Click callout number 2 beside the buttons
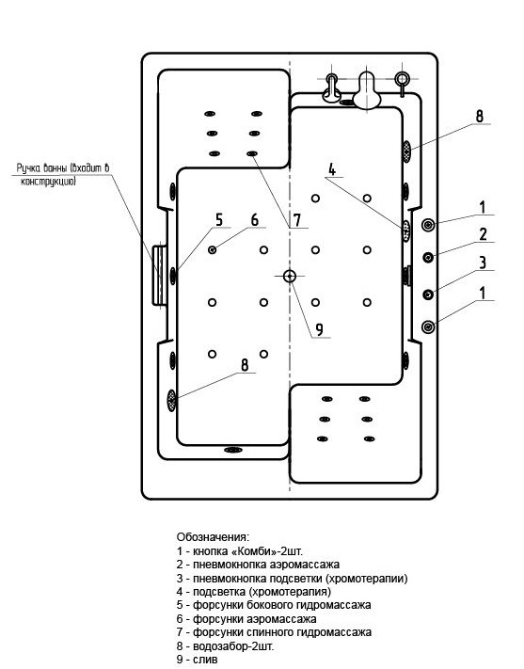pyautogui.click(x=483, y=234)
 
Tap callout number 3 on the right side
pyautogui.click(x=483, y=262)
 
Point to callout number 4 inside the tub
pyautogui.click(x=332, y=169)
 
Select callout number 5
pyautogui.click(x=219, y=220)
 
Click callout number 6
pyautogui.click(x=255, y=220)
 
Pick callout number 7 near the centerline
pyautogui.click(x=296, y=220)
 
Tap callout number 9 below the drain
pyautogui.click(x=319, y=329)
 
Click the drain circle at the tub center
pyautogui.click(x=290, y=276)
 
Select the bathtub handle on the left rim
pyautogui.click(x=160, y=275)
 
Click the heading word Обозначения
pyautogui.click(x=213, y=536)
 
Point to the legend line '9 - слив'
pyautogui.click(x=198, y=660)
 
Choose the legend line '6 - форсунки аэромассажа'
pyautogui.click(x=246, y=618)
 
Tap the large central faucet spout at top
pyautogui.click(x=368, y=90)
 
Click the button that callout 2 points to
pyautogui.click(x=428, y=257)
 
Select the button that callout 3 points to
pyautogui.click(x=428, y=295)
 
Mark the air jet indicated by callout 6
pyautogui.click(x=212, y=250)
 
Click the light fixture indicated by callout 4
pyautogui.click(x=405, y=231)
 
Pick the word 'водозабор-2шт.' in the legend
pyautogui.click(x=233, y=646)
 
